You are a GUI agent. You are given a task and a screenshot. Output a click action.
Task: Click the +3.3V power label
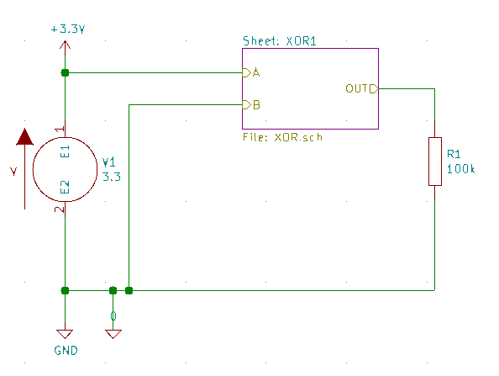pyautogui.click(x=68, y=29)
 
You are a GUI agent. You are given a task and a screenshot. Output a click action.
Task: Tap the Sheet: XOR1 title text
pyautogui.click(x=280, y=41)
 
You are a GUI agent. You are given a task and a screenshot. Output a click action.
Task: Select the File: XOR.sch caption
pyautogui.click(x=282, y=137)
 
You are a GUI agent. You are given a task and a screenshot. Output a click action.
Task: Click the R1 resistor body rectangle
pyautogui.click(x=434, y=162)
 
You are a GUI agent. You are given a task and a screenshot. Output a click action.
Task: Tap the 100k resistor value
pyautogui.click(x=461, y=169)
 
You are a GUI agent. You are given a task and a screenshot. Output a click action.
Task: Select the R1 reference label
pyautogui.click(x=454, y=154)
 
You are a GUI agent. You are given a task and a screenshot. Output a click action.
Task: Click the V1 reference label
pyautogui.click(x=109, y=162)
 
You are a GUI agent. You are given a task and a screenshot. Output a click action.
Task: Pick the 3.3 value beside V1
pyautogui.click(x=112, y=177)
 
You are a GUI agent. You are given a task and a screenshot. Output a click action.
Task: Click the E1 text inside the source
pyautogui.click(x=65, y=151)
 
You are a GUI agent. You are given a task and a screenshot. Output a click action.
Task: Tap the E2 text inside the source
pyautogui.click(x=65, y=187)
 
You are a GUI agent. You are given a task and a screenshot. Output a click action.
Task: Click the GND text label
pyautogui.click(x=66, y=351)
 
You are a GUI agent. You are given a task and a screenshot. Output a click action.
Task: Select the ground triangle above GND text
pyautogui.click(x=65, y=334)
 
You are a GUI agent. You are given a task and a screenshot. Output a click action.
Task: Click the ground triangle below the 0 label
pyautogui.click(x=113, y=334)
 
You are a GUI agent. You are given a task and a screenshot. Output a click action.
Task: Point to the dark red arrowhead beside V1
pyautogui.click(x=25, y=137)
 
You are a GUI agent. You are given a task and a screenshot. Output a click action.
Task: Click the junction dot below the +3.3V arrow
pyautogui.click(x=65, y=73)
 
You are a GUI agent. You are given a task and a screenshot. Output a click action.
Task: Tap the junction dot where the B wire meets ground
pyautogui.click(x=129, y=290)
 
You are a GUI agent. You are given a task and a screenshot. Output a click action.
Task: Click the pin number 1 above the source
pyautogui.click(x=60, y=129)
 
